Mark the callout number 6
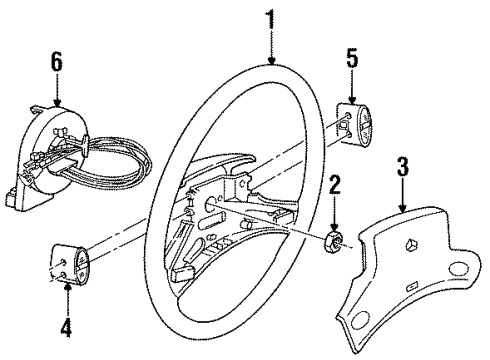[57, 63]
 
